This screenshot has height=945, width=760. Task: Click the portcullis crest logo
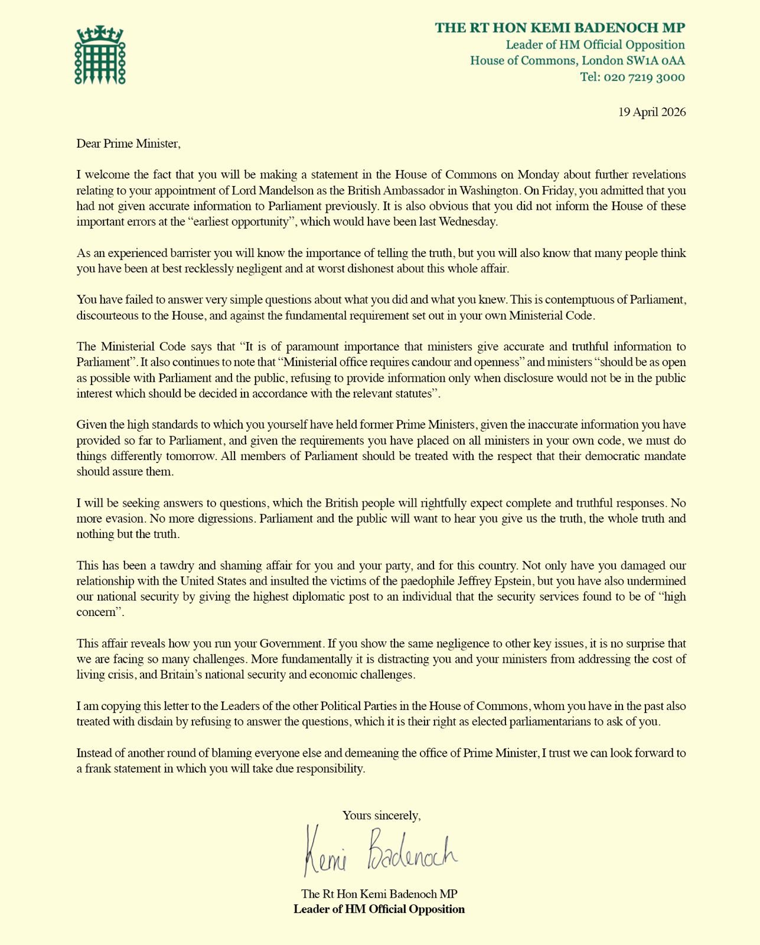tap(100, 55)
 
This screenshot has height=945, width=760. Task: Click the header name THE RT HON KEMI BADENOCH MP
tap(560, 28)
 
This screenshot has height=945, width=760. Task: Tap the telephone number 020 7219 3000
tap(644, 77)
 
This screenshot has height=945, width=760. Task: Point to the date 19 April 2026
tap(652, 112)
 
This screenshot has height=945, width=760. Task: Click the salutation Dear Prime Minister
tap(128, 144)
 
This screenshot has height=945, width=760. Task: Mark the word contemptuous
tap(562, 299)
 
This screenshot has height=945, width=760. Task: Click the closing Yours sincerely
tap(381, 816)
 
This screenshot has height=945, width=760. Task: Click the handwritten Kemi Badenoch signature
tap(381, 851)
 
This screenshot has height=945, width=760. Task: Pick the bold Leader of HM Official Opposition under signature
tap(379, 909)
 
